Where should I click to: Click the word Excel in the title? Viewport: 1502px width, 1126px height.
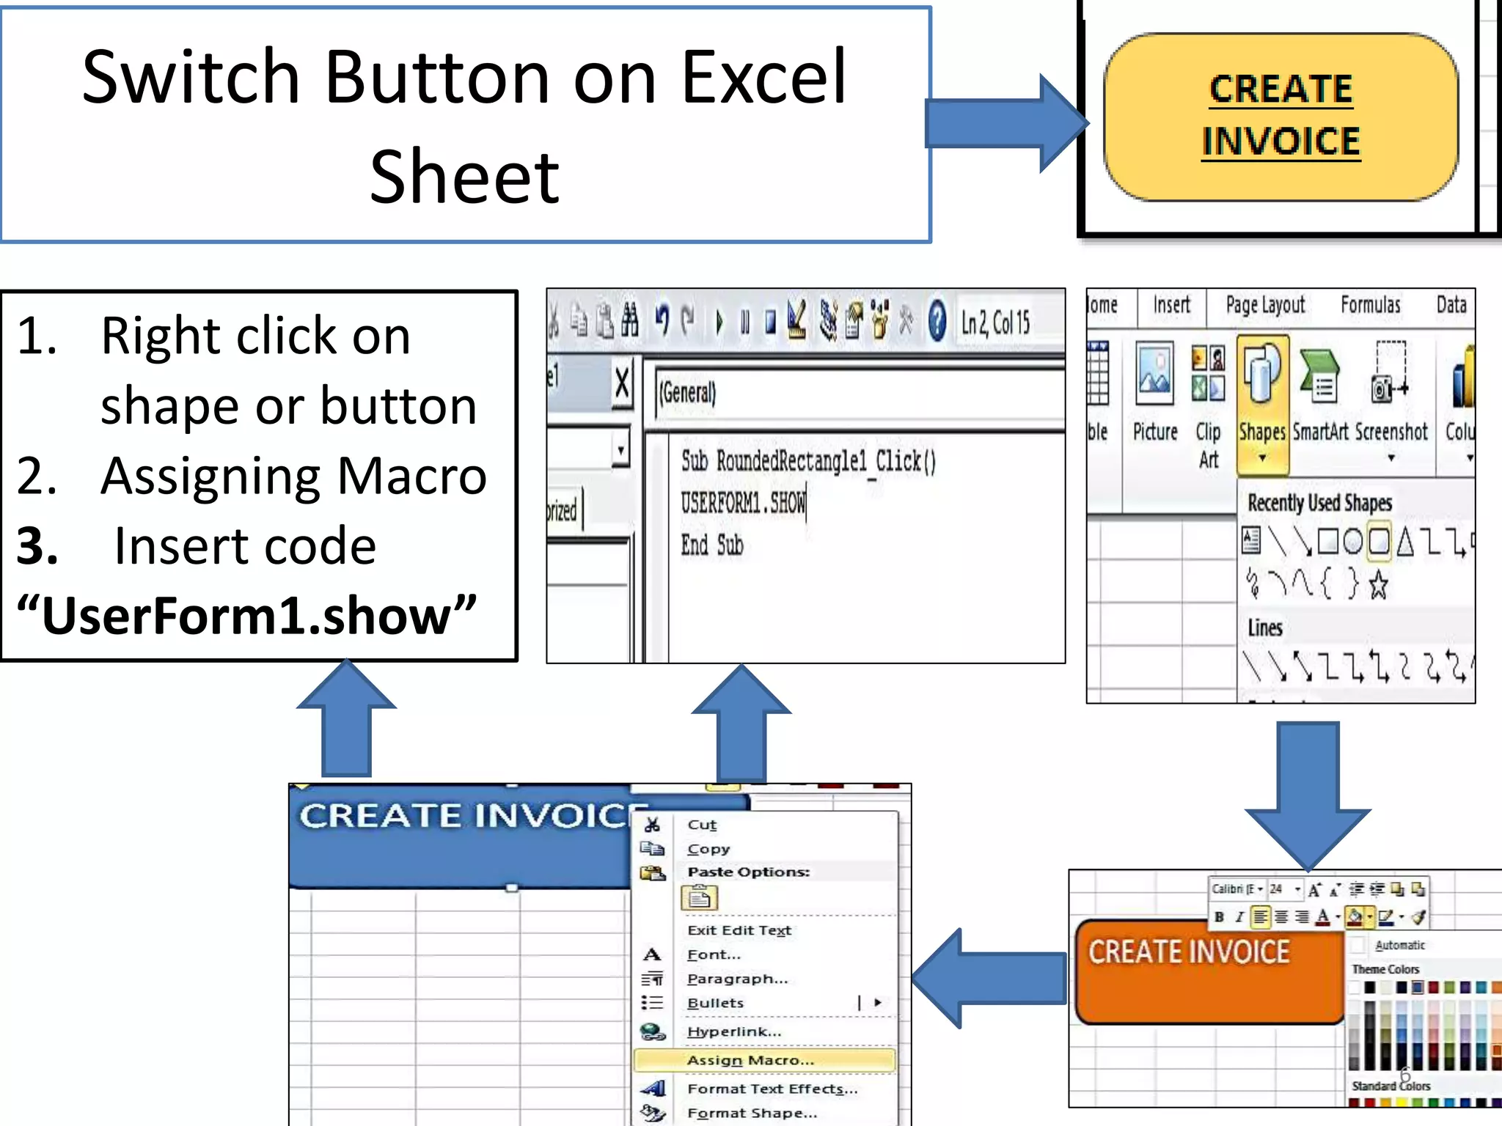pos(763,77)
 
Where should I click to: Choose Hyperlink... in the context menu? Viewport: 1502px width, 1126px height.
pos(733,1031)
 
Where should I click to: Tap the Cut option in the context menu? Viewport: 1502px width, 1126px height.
pos(701,825)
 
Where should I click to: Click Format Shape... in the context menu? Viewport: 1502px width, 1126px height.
pos(752,1113)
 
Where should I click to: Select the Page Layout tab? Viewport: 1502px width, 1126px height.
pos(1265,305)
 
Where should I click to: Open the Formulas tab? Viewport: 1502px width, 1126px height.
pos(1370,305)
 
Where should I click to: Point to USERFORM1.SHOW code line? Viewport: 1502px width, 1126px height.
pos(742,503)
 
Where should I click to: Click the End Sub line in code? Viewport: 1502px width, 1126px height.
pos(711,545)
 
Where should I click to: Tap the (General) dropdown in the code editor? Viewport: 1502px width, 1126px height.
pos(858,393)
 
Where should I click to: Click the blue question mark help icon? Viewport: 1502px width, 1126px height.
pos(937,321)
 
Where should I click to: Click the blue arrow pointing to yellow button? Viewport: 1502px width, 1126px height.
pos(1005,123)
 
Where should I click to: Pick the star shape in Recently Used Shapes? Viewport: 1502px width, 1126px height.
pos(1379,584)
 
